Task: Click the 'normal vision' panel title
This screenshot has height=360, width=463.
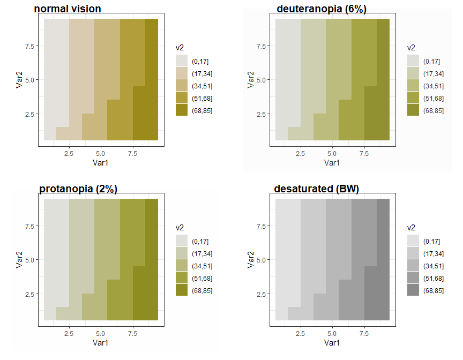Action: click(68, 9)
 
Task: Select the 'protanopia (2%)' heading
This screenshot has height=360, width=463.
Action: click(78, 189)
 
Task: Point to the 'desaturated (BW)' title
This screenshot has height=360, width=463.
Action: click(316, 189)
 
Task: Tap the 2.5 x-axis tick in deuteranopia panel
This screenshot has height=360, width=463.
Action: click(300, 154)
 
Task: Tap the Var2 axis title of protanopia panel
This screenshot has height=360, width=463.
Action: click(19, 260)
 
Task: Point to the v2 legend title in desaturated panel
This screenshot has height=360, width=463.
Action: click(411, 227)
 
